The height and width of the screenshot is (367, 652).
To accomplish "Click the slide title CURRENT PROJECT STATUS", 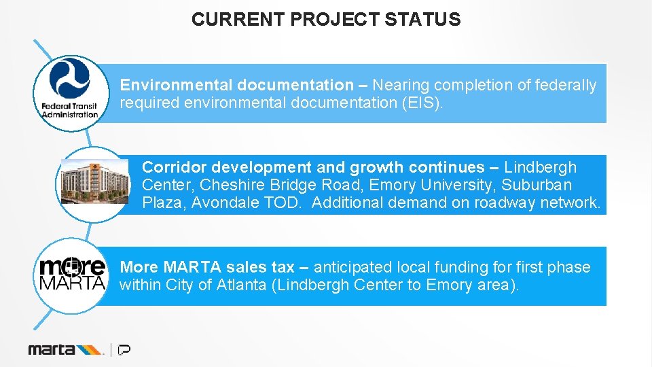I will [325, 19].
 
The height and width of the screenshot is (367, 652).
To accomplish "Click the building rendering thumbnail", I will [94, 181].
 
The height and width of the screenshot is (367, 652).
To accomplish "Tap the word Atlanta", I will [241, 285].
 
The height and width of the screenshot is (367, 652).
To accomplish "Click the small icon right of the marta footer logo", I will [124, 349].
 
